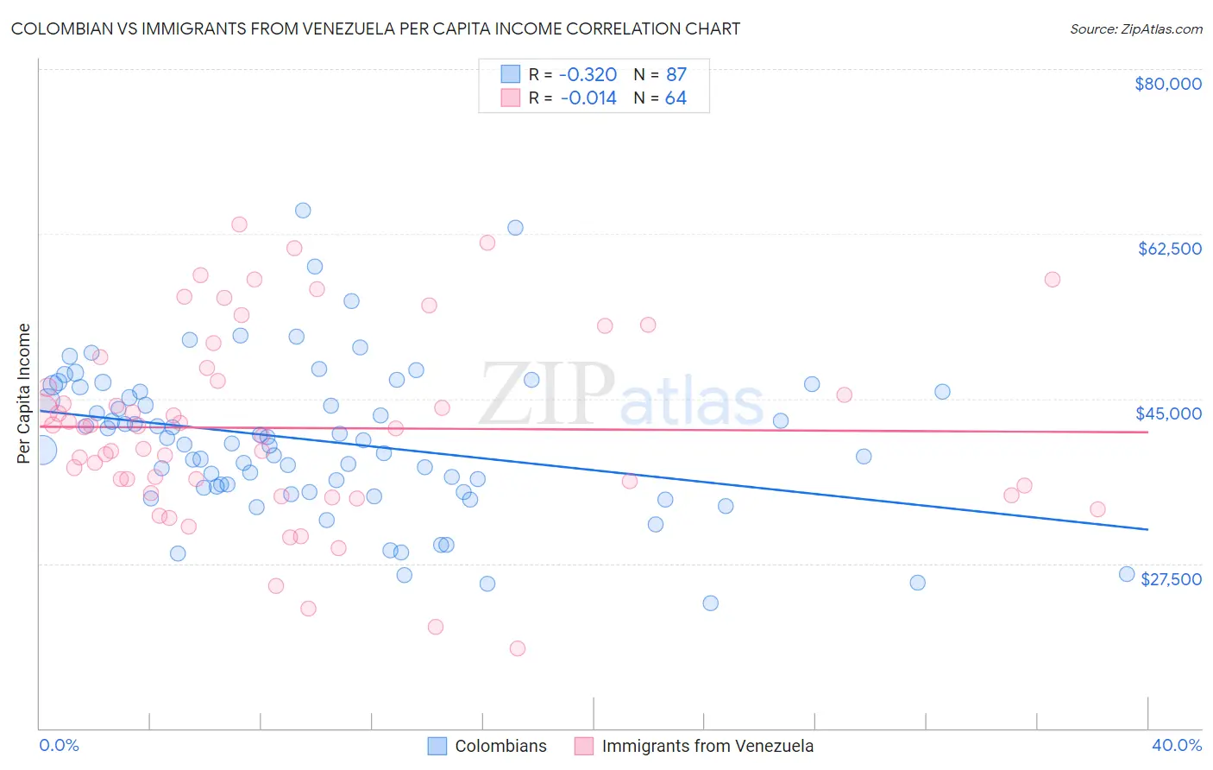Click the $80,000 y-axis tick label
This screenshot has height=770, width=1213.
(1167, 84)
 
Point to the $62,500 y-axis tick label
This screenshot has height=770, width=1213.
(1169, 249)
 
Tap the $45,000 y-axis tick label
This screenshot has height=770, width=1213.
(1168, 413)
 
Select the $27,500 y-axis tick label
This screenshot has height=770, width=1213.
(1171, 579)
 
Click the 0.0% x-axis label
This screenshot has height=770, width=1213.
(59, 746)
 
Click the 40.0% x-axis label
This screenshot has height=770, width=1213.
(1176, 746)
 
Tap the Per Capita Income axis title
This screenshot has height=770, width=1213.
(24, 394)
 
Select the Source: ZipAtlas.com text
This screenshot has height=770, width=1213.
(1135, 29)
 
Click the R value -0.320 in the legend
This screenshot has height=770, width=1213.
(588, 74)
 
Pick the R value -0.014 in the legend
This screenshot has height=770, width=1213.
(588, 98)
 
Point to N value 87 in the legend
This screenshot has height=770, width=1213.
(676, 74)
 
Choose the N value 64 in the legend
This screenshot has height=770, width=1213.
(676, 98)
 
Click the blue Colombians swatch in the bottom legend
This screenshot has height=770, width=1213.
(437, 746)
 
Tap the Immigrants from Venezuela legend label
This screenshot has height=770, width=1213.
(707, 746)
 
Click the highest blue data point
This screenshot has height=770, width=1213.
(303, 211)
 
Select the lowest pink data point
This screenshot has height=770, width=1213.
(518, 648)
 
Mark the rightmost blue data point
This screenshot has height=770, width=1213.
(1126, 574)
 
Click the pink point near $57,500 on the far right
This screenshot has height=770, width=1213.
(1052, 280)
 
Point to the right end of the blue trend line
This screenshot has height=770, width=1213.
(1147, 528)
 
